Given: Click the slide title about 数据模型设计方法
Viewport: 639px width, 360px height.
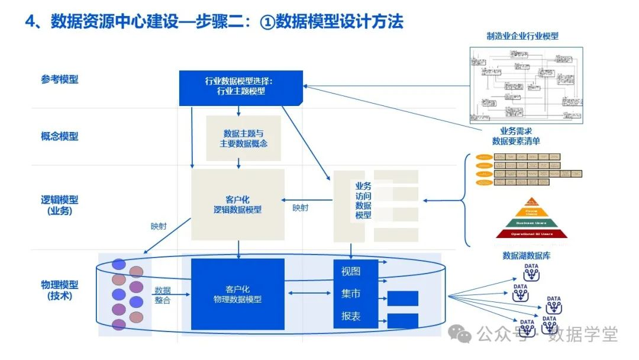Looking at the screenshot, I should coord(214,21).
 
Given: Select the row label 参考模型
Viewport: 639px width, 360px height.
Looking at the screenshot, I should coord(59,79).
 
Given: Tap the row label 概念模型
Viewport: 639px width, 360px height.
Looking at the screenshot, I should coord(59,136).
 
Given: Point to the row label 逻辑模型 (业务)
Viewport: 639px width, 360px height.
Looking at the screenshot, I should coord(59,205).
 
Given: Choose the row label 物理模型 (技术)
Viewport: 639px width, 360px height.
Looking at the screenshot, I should coord(59,290).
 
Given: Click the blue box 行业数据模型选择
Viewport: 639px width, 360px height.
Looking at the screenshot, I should coord(241,86).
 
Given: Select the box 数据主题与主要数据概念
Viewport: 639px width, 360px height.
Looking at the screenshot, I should coord(243,139).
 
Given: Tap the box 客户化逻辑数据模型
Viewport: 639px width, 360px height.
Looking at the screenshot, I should coord(237,204).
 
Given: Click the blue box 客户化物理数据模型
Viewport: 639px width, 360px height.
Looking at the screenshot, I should coord(237,294).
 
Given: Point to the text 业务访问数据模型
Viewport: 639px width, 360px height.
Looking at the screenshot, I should coord(363,200).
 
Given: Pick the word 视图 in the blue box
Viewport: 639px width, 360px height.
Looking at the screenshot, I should coord(351,272).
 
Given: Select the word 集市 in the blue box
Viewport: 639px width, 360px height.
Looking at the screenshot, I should coord(351,294).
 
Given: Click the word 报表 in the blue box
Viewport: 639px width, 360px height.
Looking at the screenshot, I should coord(351,316).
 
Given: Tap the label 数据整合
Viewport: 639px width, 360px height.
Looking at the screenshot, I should coord(163,295).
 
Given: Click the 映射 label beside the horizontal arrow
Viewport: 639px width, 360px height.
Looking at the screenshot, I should coord(301,208).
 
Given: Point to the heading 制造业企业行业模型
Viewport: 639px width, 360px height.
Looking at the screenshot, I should coord(522,36).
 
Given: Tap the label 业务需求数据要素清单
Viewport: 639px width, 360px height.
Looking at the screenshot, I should coord(516,136).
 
